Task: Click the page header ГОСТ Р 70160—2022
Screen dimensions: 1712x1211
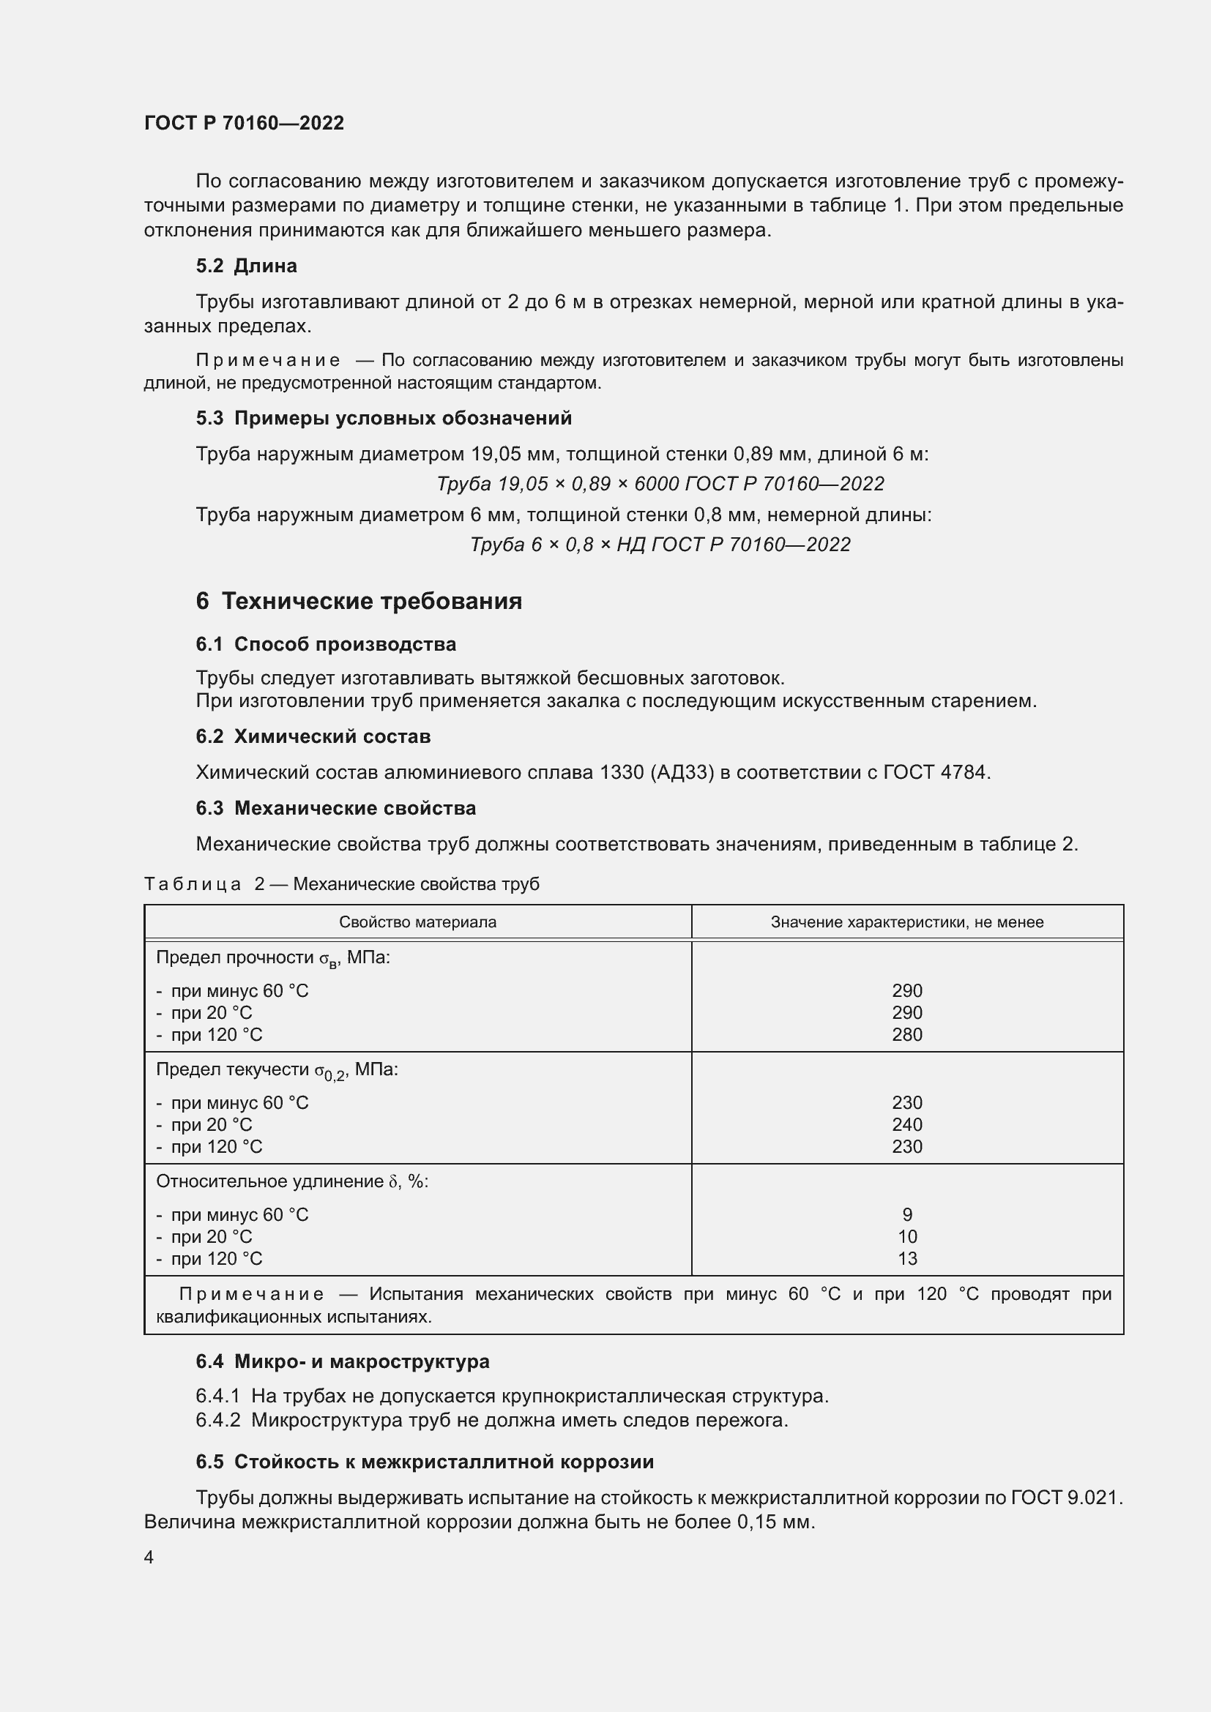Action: [x=244, y=123]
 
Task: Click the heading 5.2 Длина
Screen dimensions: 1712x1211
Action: [x=246, y=266]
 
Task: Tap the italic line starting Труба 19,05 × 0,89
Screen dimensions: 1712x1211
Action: [x=660, y=484]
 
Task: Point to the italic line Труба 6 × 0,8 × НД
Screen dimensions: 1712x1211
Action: [x=660, y=545]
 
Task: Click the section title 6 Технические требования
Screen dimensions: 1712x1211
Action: [x=359, y=601]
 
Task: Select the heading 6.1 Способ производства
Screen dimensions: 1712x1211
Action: [x=326, y=643]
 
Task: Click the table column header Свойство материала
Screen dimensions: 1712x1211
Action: [x=417, y=922]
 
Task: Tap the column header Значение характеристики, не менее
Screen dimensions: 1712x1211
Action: [x=906, y=922]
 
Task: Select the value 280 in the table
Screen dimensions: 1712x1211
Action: [x=906, y=1034]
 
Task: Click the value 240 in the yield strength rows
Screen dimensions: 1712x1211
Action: [x=906, y=1124]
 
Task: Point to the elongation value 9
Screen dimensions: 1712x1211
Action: [x=906, y=1215]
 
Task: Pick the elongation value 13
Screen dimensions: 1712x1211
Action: [x=906, y=1259]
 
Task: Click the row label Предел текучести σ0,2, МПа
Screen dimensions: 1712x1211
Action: [x=277, y=1070]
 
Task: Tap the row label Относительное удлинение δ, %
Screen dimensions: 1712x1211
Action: [x=291, y=1181]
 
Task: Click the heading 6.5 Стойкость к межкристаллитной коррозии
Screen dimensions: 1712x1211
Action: [x=425, y=1462]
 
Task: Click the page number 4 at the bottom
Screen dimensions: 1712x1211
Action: [x=149, y=1557]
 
